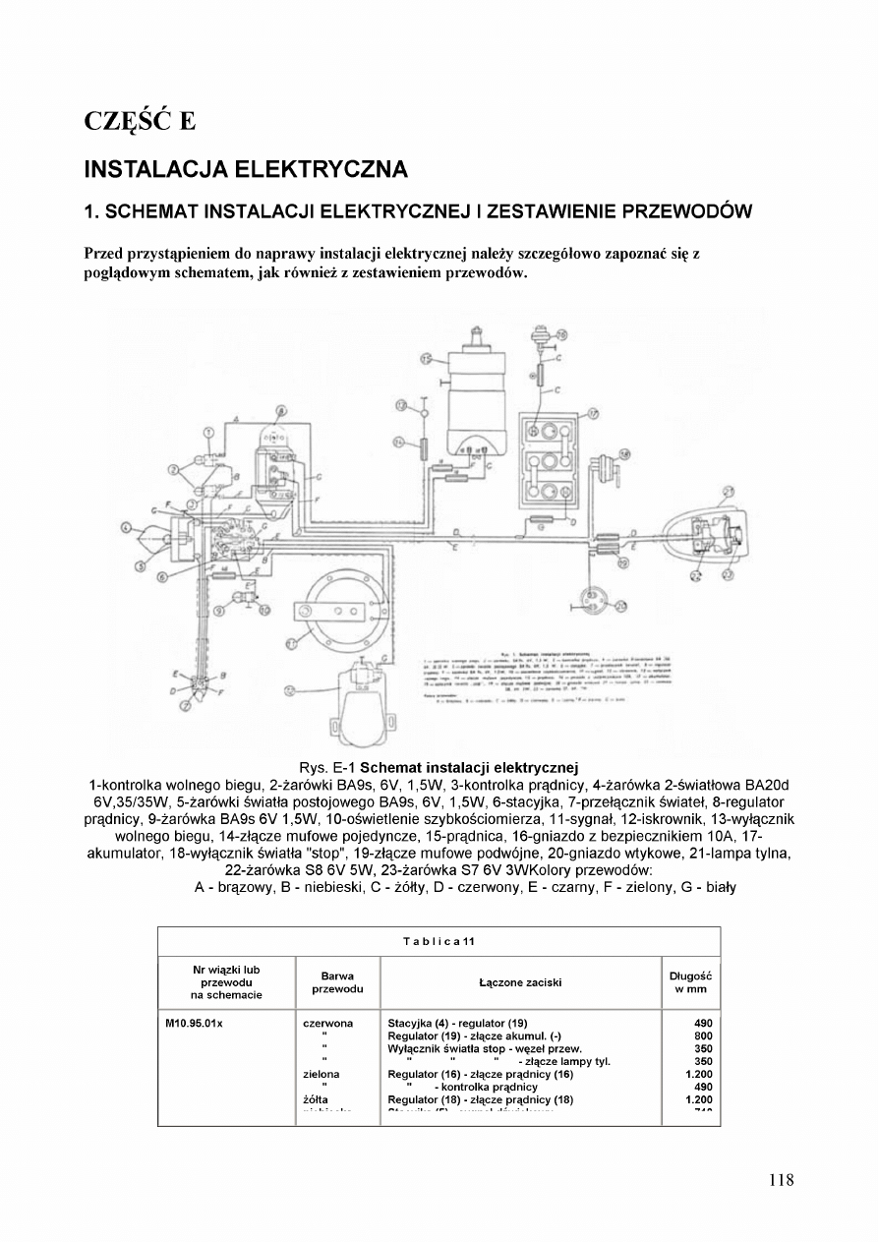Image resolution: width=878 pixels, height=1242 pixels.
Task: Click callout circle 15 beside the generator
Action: (427, 360)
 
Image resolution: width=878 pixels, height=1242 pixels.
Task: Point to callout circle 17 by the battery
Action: (593, 413)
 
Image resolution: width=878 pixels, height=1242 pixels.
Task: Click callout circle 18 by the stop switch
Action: (561, 335)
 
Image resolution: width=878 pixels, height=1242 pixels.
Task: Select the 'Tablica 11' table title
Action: (439, 941)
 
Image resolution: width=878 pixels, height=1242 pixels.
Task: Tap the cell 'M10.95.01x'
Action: (195, 1024)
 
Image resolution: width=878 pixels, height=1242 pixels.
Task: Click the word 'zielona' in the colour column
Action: (322, 1075)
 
